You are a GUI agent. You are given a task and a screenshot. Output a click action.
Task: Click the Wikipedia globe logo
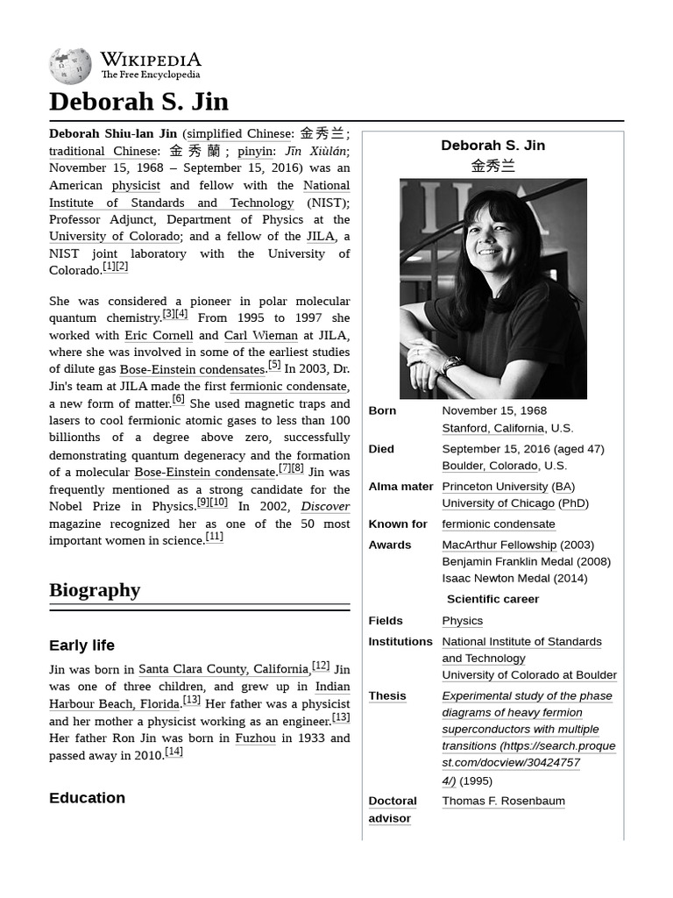tap(70, 67)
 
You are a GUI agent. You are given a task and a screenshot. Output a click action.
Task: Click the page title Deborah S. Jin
tap(138, 102)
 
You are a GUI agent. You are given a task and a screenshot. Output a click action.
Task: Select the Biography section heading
tap(95, 590)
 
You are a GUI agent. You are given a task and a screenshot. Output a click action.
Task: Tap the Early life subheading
tap(81, 645)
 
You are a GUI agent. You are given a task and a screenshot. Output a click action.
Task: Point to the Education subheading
tap(87, 798)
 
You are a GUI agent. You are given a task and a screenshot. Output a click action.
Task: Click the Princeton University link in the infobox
tap(494, 487)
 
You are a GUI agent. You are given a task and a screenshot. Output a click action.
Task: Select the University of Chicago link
tap(498, 503)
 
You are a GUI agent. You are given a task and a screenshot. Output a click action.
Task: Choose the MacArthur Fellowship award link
tap(499, 545)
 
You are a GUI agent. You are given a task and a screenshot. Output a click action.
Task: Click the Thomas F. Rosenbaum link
tap(503, 802)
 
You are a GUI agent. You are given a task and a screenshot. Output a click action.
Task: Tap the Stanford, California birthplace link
tap(492, 428)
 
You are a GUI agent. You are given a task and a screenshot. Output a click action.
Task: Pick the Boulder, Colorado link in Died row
tap(490, 466)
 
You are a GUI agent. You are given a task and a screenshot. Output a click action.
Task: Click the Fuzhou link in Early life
tap(255, 738)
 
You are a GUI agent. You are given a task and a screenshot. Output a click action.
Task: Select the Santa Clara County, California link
tap(223, 669)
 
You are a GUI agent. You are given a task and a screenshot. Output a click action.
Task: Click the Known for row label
tap(398, 524)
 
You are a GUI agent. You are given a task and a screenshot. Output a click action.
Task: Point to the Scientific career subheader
tap(492, 600)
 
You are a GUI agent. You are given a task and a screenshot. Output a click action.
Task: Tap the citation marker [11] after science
tap(215, 537)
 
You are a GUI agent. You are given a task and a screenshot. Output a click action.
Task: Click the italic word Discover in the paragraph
tap(325, 507)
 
